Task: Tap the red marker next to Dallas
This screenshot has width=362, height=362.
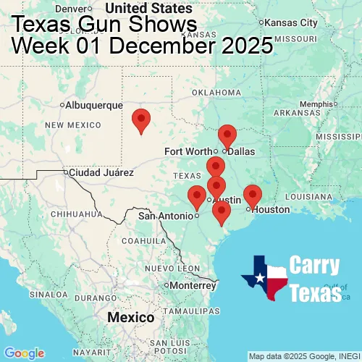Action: click(227, 136)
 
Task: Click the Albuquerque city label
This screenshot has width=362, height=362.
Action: click(93, 105)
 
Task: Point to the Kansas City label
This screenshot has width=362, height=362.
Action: click(291, 22)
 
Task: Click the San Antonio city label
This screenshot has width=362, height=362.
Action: click(167, 215)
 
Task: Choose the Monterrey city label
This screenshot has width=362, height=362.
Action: click(193, 285)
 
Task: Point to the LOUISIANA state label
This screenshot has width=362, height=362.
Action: click(309, 196)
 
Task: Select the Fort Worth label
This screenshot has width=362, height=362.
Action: click(188, 151)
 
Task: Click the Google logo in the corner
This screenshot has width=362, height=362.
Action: click(24, 353)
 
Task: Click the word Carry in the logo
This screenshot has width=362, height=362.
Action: click(315, 265)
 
